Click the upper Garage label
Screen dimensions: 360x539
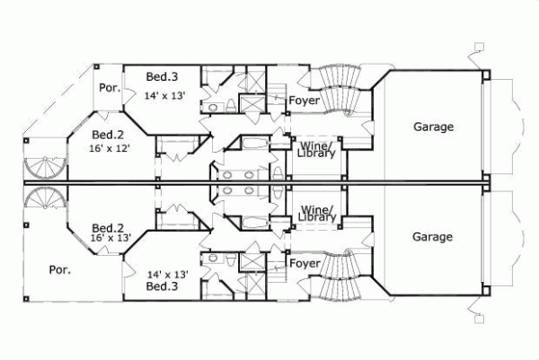point(433,127)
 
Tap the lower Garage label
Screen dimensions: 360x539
point(433,238)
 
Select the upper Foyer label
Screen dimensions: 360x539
point(305,101)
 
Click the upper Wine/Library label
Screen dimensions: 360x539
point(317,149)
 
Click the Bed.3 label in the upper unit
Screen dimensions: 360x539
point(159,79)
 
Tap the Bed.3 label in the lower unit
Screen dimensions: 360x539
point(162,286)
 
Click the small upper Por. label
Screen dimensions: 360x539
point(110,89)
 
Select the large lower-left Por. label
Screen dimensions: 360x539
point(60,268)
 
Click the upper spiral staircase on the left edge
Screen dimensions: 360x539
point(41,166)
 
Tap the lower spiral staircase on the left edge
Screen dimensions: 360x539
point(41,199)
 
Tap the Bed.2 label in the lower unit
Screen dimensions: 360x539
point(108,226)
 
